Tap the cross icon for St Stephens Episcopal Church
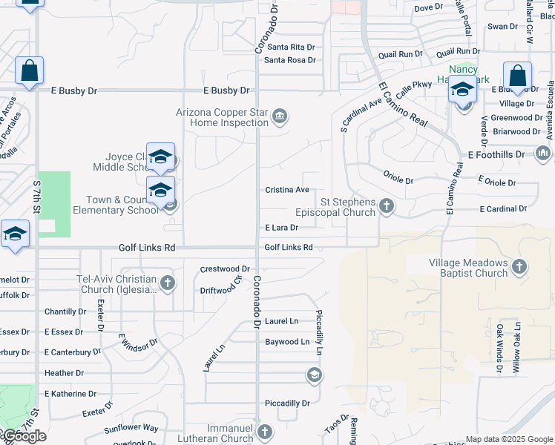click(386, 206)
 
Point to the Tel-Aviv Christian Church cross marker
click(168, 283)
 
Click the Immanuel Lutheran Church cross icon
click(265, 430)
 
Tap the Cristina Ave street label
click(287, 191)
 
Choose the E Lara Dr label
click(281, 228)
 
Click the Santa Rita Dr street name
click(289, 47)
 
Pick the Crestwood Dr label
click(225, 268)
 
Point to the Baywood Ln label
click(287, 342)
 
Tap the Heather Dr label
click(65, 373)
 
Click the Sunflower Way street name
click(131, 428)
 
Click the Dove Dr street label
click(428, 8)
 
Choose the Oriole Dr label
click(398, 180)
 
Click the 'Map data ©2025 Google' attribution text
click(508, 439)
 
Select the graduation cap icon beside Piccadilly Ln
click(314, 376)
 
